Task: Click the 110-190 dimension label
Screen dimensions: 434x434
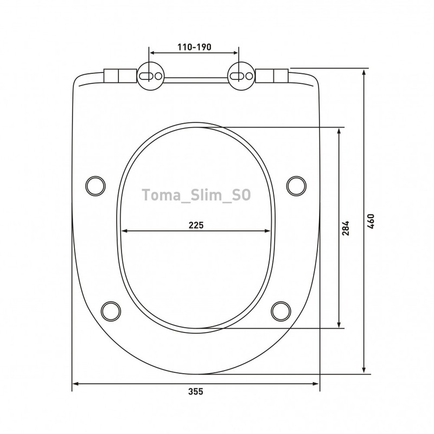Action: tap(194, 47)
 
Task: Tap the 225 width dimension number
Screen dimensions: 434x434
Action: tap(196, 225)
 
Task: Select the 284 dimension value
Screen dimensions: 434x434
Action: tap(346, 228)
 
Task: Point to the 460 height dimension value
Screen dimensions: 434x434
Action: tap(371, 221)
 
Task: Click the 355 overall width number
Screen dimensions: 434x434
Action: tap(196, 392)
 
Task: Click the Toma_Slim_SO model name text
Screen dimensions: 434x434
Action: tap(196, 195)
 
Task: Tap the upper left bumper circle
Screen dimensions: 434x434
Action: tap(95, 186)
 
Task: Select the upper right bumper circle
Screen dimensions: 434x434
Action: tap(296, 186)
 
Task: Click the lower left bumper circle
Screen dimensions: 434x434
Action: tap(111, 311)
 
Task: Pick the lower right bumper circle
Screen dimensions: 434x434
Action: tap(281, 311)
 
